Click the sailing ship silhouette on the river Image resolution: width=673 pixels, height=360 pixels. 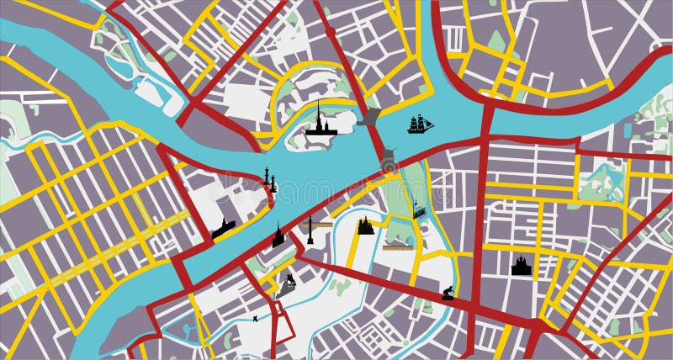pyautogui.click(x=421, y=124)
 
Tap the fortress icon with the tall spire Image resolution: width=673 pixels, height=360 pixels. pyautogui.click(x=321, y=123)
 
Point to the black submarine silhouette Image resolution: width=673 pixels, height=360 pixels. pyautogui.click(x=225, y=228)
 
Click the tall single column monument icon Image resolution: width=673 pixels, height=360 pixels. pyautogui.click(x=310, y=230)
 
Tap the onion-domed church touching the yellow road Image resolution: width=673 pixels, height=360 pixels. pyautogui.click(x=365, y=225)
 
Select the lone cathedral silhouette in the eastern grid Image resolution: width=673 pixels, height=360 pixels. pyautogui.click(x=522, y=266)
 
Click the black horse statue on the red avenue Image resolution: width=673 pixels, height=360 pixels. pyautogui.click(x=448, y=294)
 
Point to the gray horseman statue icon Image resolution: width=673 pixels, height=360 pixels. pyautogui.click(x=289, y=283)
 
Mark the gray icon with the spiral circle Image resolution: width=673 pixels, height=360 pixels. pyautogui.click(x=388, y=161)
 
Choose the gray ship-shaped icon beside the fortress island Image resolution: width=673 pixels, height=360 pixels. pyautogui.click(x=368, y=119)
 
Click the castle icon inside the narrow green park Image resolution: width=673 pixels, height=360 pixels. pyautogui.click(x=418, y=209)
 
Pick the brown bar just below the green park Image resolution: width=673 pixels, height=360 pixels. pyautogui.click(x=397, y=247)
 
